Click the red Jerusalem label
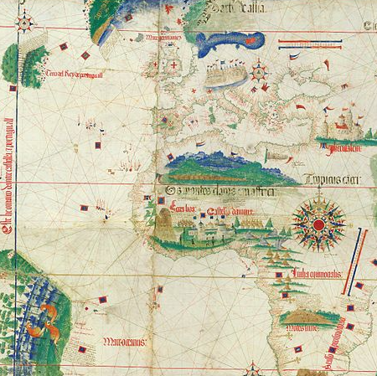coord(341,148)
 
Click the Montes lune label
coord(302,329)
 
